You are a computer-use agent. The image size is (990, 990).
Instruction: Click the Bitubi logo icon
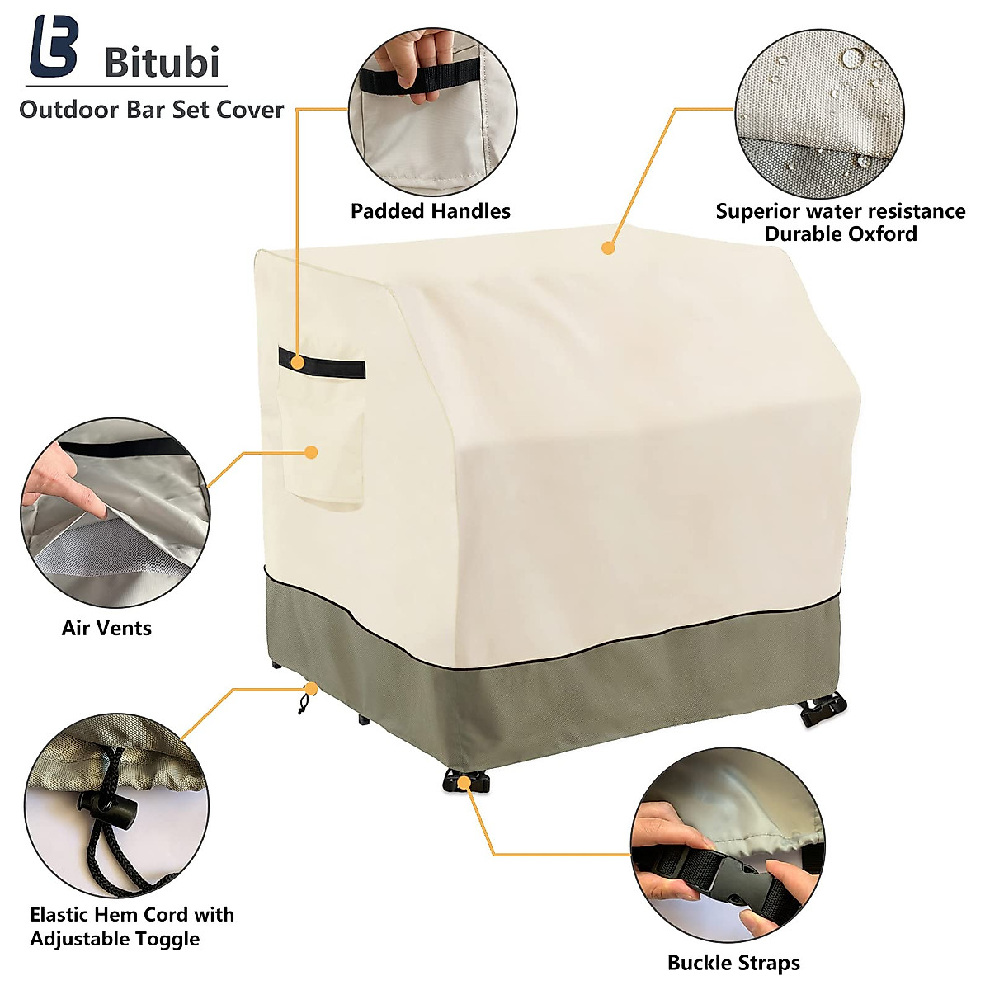coord(54,47)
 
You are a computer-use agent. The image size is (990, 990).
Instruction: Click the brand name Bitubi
coord(162,62)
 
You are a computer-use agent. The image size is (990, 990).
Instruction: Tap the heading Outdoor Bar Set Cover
coord(151,110)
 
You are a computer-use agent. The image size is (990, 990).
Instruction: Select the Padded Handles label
coord(430,211)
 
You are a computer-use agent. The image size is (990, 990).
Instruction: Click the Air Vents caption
coord(106,628)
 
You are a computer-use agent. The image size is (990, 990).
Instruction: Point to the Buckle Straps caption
coord(733,963)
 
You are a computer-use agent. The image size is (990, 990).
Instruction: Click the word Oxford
coord(877,233)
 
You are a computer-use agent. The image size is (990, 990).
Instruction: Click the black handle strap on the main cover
coord(322,363)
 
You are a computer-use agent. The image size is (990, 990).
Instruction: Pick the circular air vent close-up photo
coord(115,512)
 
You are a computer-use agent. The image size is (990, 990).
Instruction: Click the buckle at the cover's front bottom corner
coord(464,780)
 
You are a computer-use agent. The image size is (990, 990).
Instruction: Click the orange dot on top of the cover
coord(608,247)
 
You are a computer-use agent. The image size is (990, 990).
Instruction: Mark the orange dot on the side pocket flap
coord(311,451)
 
